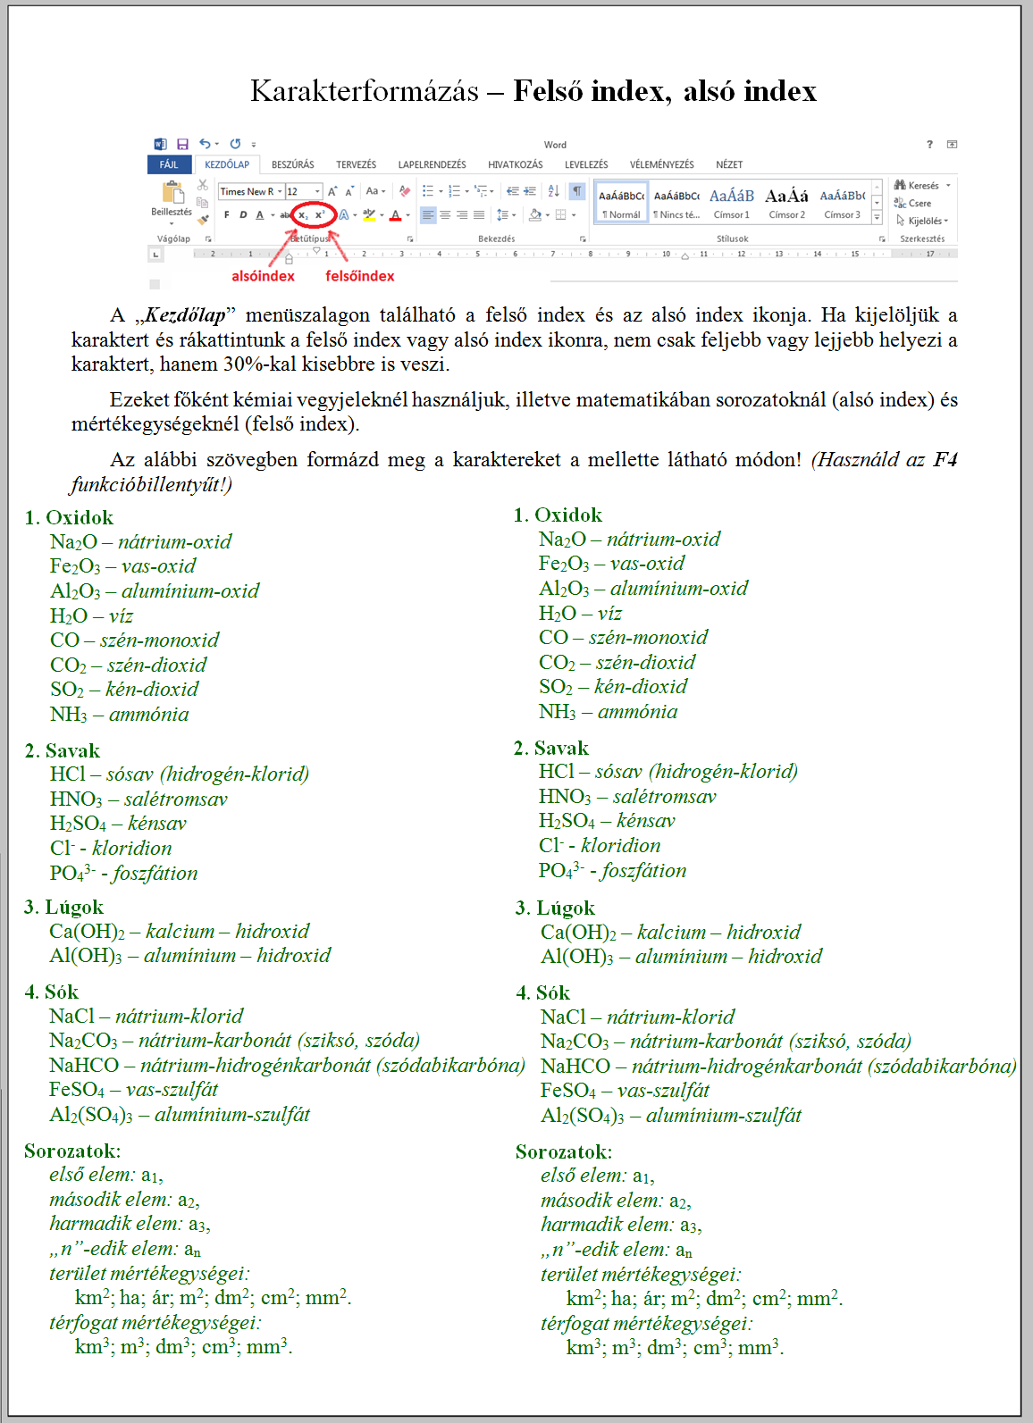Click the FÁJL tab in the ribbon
(x=168, y=164)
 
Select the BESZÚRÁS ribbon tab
(x=292, y=164)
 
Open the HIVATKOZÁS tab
(x=515, y=164)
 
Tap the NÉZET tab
(x=728, y=164)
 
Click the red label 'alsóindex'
(x=263, y=276)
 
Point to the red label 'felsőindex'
(x=359, y=276)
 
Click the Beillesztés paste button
(x=172, y=198)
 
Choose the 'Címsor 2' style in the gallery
(x=786, y=202)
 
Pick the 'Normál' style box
(x=621, y=202)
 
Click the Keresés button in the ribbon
(x=921, y=186)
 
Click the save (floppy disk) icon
(x=182, y=144)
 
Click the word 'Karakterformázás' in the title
(x=364, y=91)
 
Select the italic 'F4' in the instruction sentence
(x=945, y=460)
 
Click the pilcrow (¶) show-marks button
(x=577, y=191)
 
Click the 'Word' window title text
(x=555, y=145)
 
